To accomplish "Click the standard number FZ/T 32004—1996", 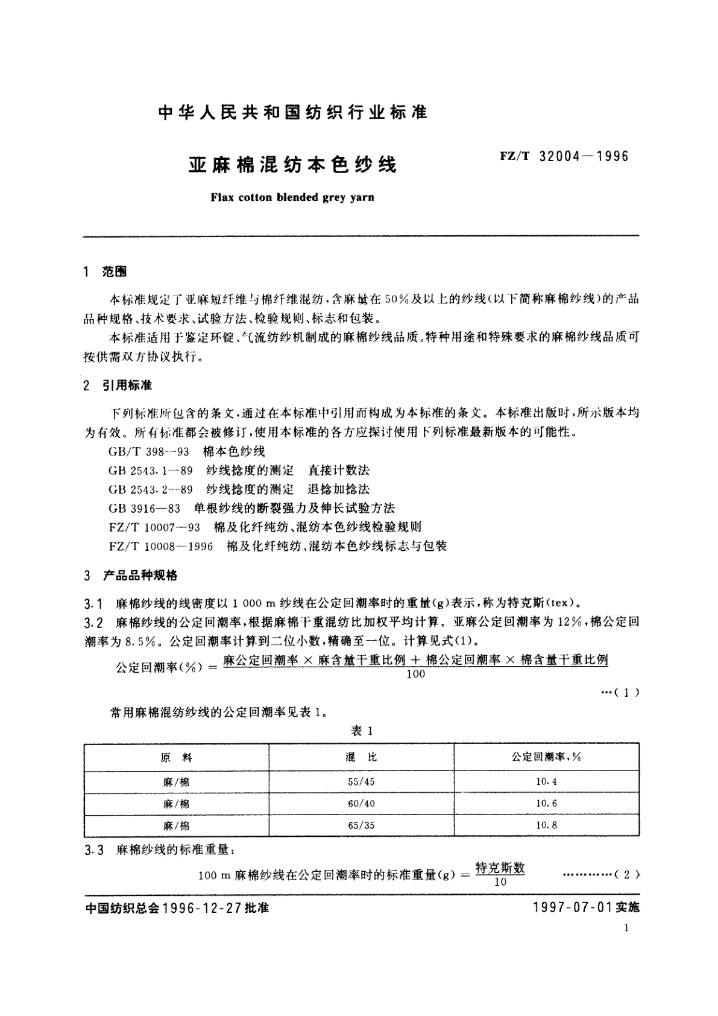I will [x=564, y=157].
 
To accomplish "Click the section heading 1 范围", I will [x=105, y=272].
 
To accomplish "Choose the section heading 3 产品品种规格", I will [x=131, y=576].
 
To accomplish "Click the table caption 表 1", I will [x=362, y=731].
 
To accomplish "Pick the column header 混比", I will [x=361, y=757].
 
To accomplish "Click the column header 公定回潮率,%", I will [x=546, y=757].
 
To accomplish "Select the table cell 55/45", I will [x=361, y=782].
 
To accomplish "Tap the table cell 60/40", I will [x=361, y=804].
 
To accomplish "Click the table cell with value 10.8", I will [x=546, y=825].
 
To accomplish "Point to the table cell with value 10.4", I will [x=546, y=782].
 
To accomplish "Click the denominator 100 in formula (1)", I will [x=416, y=674].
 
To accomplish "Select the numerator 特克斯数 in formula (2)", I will [x=500, y=868].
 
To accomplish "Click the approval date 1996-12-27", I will [x=203, y=907].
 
